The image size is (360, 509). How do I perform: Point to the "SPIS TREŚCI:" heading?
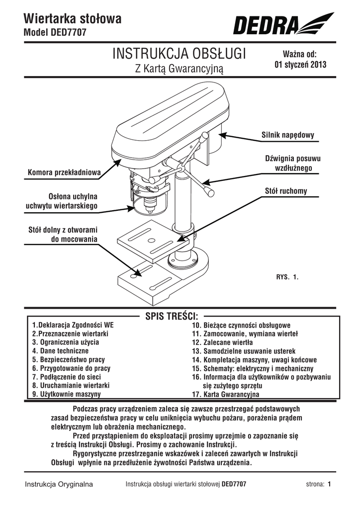pyautogui.click(x=172, y=316)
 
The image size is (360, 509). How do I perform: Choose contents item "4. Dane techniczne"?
pyautogui.click(x=60, y=350)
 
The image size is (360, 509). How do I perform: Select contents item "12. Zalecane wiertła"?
pyautogui.click(x=229, y=343)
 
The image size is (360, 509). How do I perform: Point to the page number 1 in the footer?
pyautogui.click(x=329, y=484)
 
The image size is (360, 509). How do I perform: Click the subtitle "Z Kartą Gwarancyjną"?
pyautogui.click(x=180, y=69)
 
